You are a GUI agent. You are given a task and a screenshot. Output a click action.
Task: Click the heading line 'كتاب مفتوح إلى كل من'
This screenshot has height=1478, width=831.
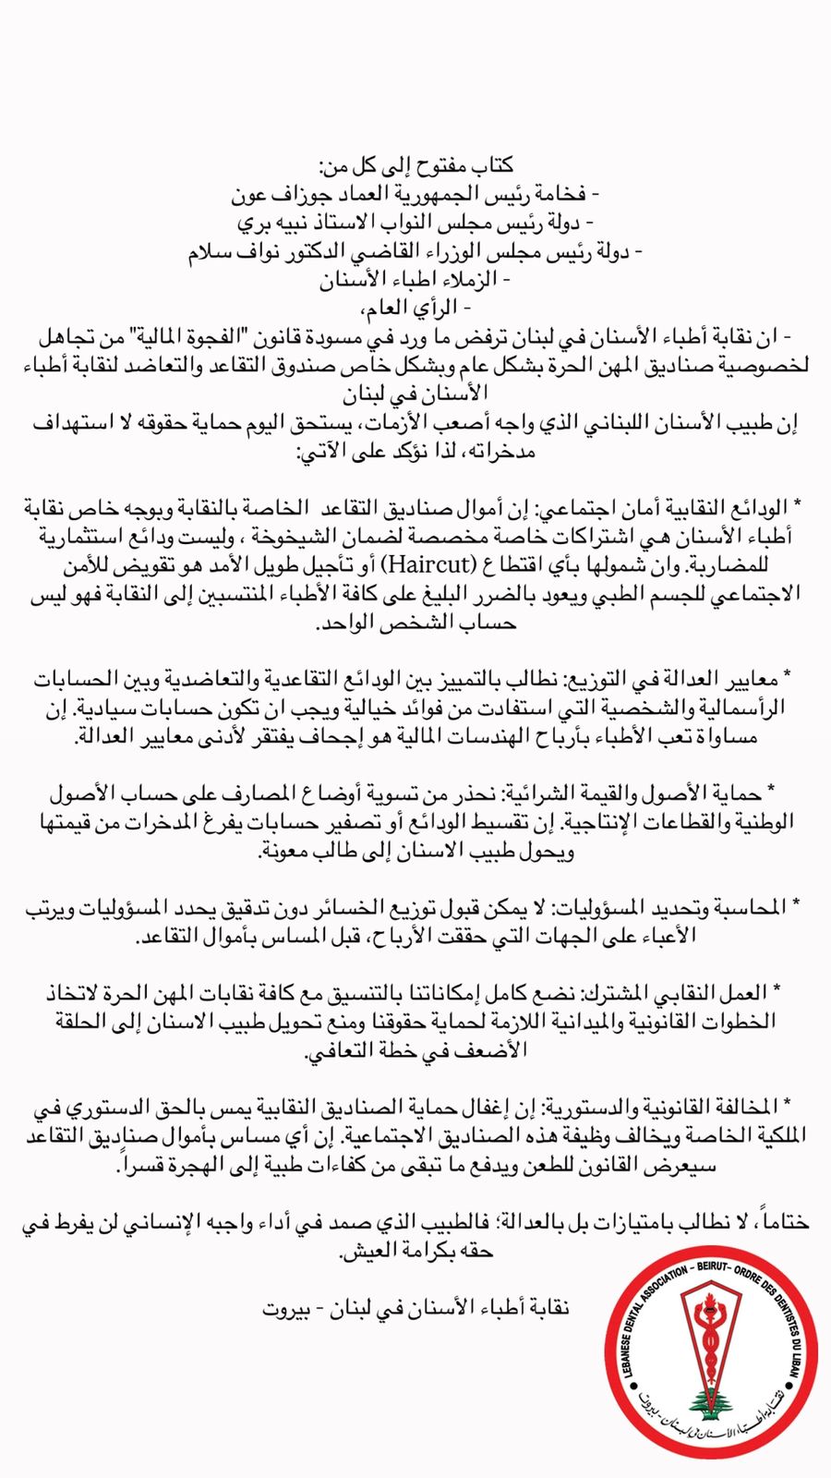(x=415, y=167)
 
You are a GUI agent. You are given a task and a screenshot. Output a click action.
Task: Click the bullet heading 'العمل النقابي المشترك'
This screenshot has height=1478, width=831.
(x=680, y=992)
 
